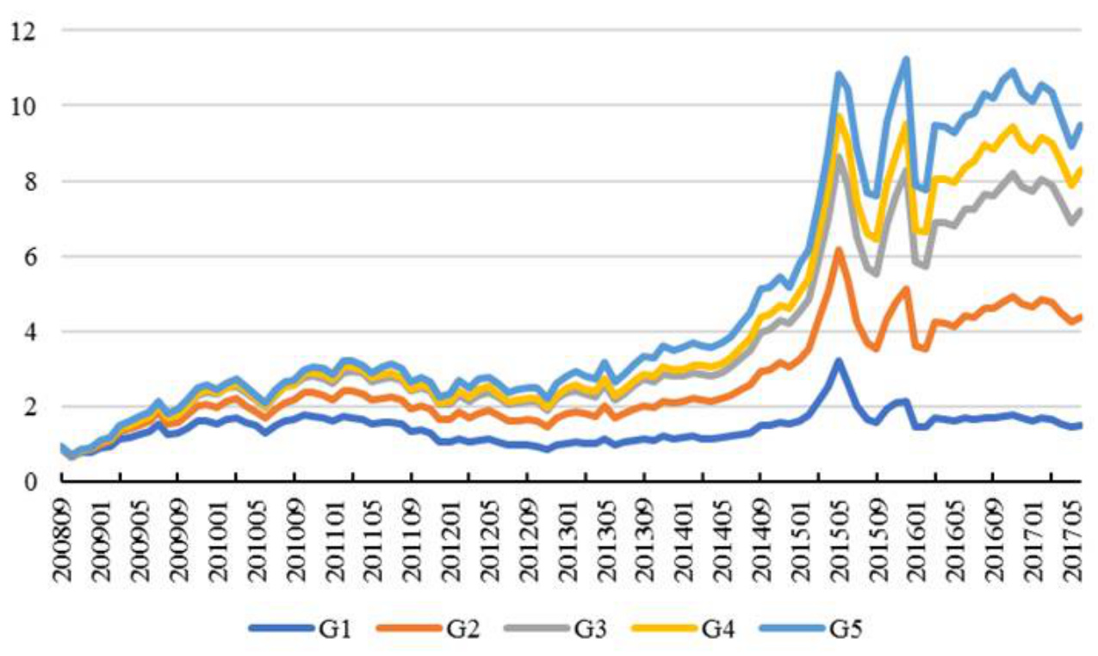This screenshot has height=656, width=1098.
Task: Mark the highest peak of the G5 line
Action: tap(905, 59)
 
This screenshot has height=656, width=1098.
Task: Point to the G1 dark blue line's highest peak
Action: tap(838, 360)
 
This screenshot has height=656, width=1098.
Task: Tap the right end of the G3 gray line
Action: tap(1080, 210)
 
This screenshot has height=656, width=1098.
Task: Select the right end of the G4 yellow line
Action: tap(1080, 169)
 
